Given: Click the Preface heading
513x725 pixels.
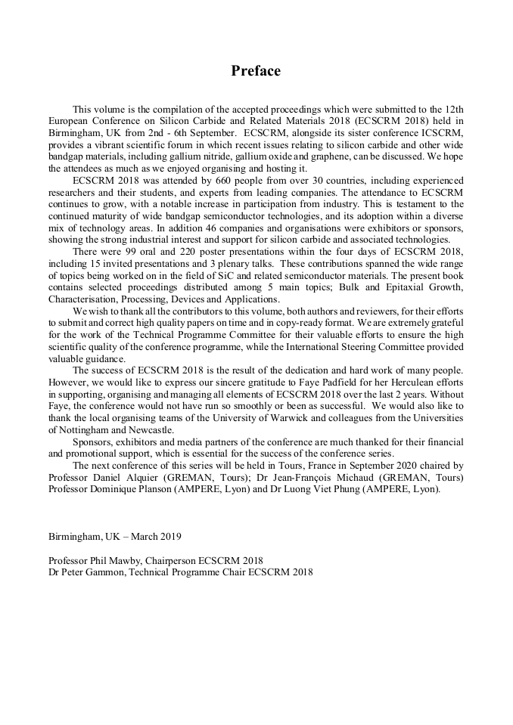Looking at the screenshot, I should click(256, 71).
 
